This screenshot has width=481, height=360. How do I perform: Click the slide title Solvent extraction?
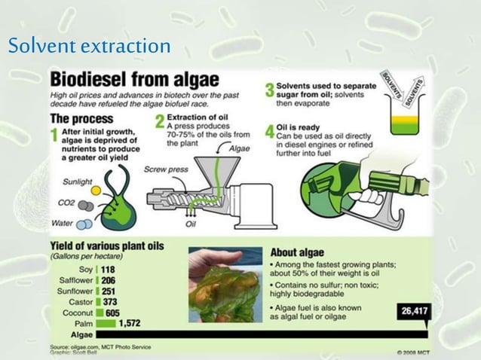(89, 47)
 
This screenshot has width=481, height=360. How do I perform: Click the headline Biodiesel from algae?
(134, 79)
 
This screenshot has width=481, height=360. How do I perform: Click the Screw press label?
(166, 169)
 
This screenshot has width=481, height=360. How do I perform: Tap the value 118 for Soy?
(108, 270)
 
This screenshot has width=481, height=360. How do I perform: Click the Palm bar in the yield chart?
(106, 322)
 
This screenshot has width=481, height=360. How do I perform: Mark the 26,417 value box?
(412, 311)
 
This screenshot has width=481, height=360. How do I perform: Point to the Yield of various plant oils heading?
(106, 246)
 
